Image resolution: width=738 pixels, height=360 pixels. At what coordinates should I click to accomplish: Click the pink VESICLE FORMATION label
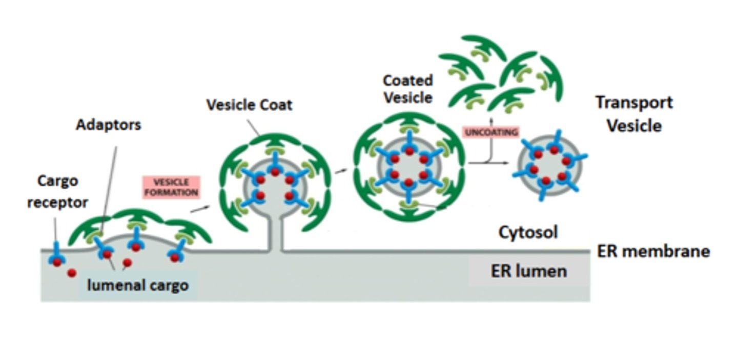tap(170, 187)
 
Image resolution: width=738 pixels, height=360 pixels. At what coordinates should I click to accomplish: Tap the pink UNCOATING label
tap(491, 132)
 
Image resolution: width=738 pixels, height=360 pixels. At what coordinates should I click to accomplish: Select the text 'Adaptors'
tap(108, 125)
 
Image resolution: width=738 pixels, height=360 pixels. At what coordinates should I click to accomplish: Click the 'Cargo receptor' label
tap(57, 191)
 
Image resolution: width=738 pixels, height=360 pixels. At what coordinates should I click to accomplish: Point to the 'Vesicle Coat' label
tap(249, 105)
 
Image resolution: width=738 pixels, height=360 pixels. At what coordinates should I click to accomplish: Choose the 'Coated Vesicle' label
tap(408, 88)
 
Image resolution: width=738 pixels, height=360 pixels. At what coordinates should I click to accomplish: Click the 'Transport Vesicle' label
tap(634, 113)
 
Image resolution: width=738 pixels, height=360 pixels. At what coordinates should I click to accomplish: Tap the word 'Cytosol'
tap(528, 232)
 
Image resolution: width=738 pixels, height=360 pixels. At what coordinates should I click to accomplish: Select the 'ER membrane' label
tap(653, 251)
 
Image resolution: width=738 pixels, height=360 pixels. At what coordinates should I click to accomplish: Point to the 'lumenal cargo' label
tap(137, 285)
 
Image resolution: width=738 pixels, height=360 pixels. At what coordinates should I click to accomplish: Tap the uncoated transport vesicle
tap(549, 165)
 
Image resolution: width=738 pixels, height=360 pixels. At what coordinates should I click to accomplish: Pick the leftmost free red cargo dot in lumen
tap(72, 273)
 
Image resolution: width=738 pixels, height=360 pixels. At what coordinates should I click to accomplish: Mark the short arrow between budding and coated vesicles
tap(341, 171)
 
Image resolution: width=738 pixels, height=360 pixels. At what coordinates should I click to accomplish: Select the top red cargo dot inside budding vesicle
tap(275, 171)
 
